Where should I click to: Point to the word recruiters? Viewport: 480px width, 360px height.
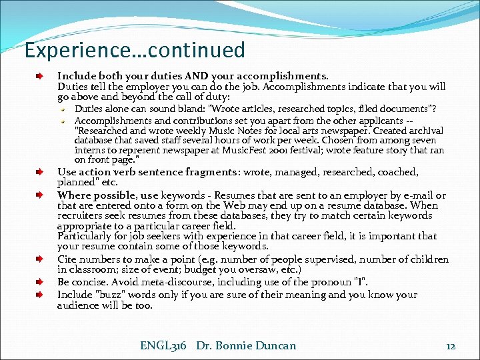click(80, 215)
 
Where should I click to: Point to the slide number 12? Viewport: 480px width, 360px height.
click(451, 346)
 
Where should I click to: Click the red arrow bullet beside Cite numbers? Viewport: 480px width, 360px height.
click(39, 259)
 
